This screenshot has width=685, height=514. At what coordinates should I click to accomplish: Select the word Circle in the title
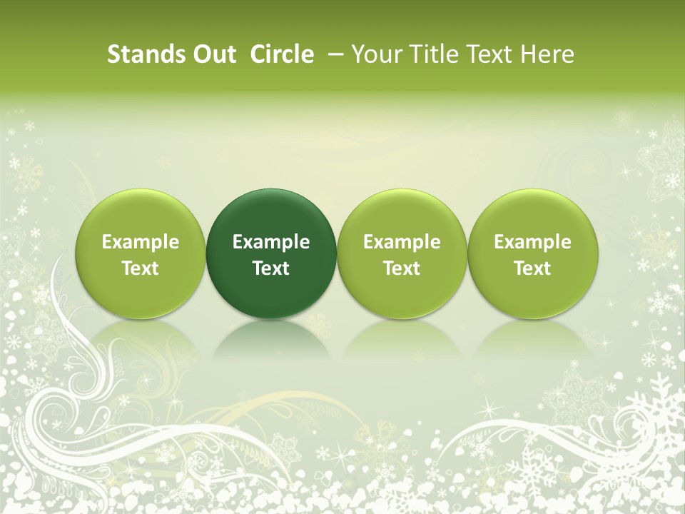click(282, 54)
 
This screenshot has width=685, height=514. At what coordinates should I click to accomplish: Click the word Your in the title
click(375, 54)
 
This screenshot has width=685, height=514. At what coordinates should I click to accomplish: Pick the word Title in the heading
click(433, 54)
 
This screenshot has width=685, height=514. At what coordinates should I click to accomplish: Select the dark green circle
click(271, 253)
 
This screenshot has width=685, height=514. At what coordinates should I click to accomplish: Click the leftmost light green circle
click(141, 253)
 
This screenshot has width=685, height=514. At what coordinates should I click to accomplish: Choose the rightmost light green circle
click(532, 253)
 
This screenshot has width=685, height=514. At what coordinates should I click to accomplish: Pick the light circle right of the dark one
click(402, 253)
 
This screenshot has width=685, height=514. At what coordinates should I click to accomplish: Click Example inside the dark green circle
click(271, 242)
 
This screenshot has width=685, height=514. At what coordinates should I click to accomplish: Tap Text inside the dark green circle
click(271, 268)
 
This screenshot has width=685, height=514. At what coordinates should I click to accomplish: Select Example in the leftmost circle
click(141, 242)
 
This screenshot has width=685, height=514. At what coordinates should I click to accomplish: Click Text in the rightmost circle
click(532, 268)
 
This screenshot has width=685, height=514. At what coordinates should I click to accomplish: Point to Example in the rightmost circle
click(532, 242)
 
